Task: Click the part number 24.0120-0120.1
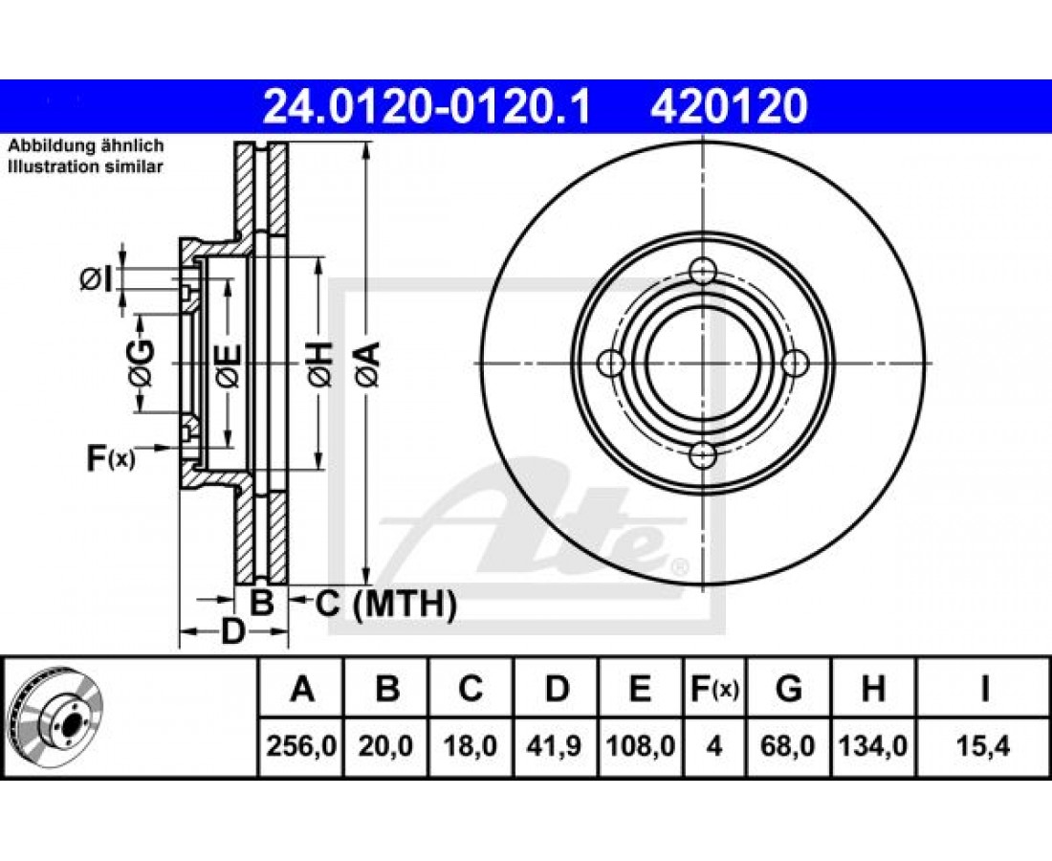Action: point(427,107)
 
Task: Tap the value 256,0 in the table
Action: point(301,745)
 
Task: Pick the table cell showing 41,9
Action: point(557,745)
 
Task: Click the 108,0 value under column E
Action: point(641,745)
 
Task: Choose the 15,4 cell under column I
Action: point(984,745)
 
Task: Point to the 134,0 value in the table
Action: point(873,745)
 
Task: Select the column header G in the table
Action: point(789,689)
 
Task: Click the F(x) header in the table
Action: point(714,689)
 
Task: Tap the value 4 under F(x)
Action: point(714,745)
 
